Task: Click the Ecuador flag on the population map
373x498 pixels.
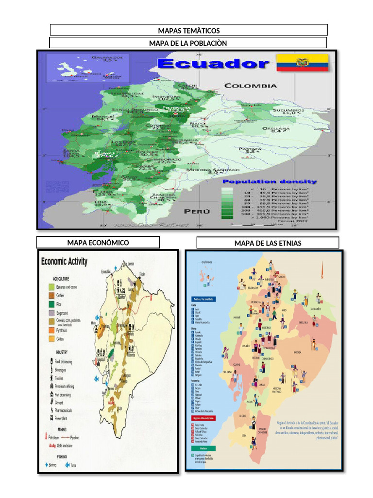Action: click(302, 63)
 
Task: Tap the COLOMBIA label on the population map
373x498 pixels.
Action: click(250, 86)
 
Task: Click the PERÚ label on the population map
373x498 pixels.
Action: click(197, 211)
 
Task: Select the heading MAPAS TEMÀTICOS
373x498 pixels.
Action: click(188, 31)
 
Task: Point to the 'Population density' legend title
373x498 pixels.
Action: click(270, 181)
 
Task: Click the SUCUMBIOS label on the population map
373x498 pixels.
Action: click(289, 110)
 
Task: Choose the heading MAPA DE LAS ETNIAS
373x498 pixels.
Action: click(267, 243)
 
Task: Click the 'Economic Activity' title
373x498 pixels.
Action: click(65, 262)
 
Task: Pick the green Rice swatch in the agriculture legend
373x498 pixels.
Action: click(51, 303)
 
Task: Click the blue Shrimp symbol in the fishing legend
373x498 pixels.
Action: click(47, 464)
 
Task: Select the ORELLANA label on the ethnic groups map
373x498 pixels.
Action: click(304, 322)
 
